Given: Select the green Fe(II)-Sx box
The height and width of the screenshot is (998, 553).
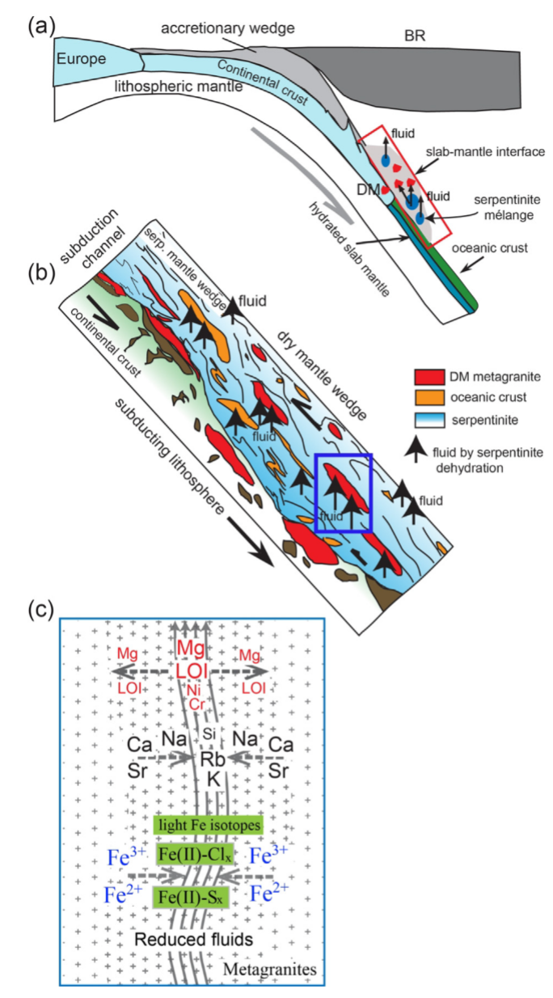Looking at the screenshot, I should point(206,896).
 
